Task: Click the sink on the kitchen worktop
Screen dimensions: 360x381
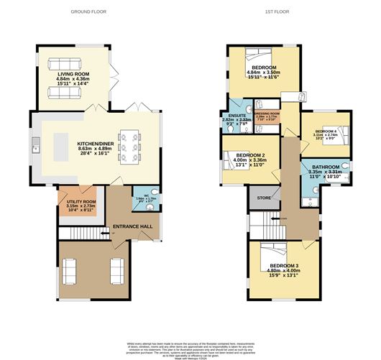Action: point(35,149)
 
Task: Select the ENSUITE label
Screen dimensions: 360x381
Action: point(237,115)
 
